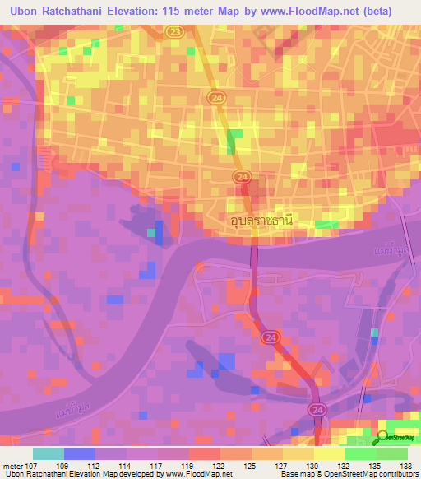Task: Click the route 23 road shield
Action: [173, 30]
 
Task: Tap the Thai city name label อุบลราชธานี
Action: [261, 220]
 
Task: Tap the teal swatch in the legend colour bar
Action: [49, 453]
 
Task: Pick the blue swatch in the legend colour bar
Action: [80, 453]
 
